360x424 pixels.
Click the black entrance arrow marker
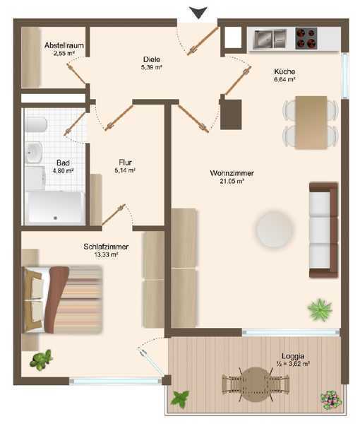pyautogui.click(x=198, y=13)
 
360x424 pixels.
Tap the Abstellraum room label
pyautogui.click(x=64, y=45)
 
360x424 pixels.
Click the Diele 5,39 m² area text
pyautogui.click(x=152, y=67)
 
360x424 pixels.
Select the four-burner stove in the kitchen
pyautogui.click(x=306, y=38)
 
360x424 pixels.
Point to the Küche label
pyautogui.click(x=284, y=71)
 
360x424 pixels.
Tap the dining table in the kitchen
pyautogui.click(x=311, y=122)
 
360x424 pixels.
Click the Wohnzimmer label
pyautogui.click(x=232, y=173)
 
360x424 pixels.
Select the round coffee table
pyautogui.click(x=274, y=229)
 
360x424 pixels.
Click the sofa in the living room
pyautogui.click(x=323, y=230)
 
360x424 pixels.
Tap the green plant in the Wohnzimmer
pyautogui.click(x=320, y=310)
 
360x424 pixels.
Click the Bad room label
pyautogui.click(x=64, y=163)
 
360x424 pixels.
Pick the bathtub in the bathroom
pyautogui.click(x=55, y=208)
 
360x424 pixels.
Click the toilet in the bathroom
pyautogui.click(x=36, y=124)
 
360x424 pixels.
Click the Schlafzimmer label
pyautogui.click(x=106, y=247)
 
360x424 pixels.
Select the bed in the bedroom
pyautogui.click(x=63, y=300)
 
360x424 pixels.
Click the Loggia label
pyautogui.click(x=293, y=356)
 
